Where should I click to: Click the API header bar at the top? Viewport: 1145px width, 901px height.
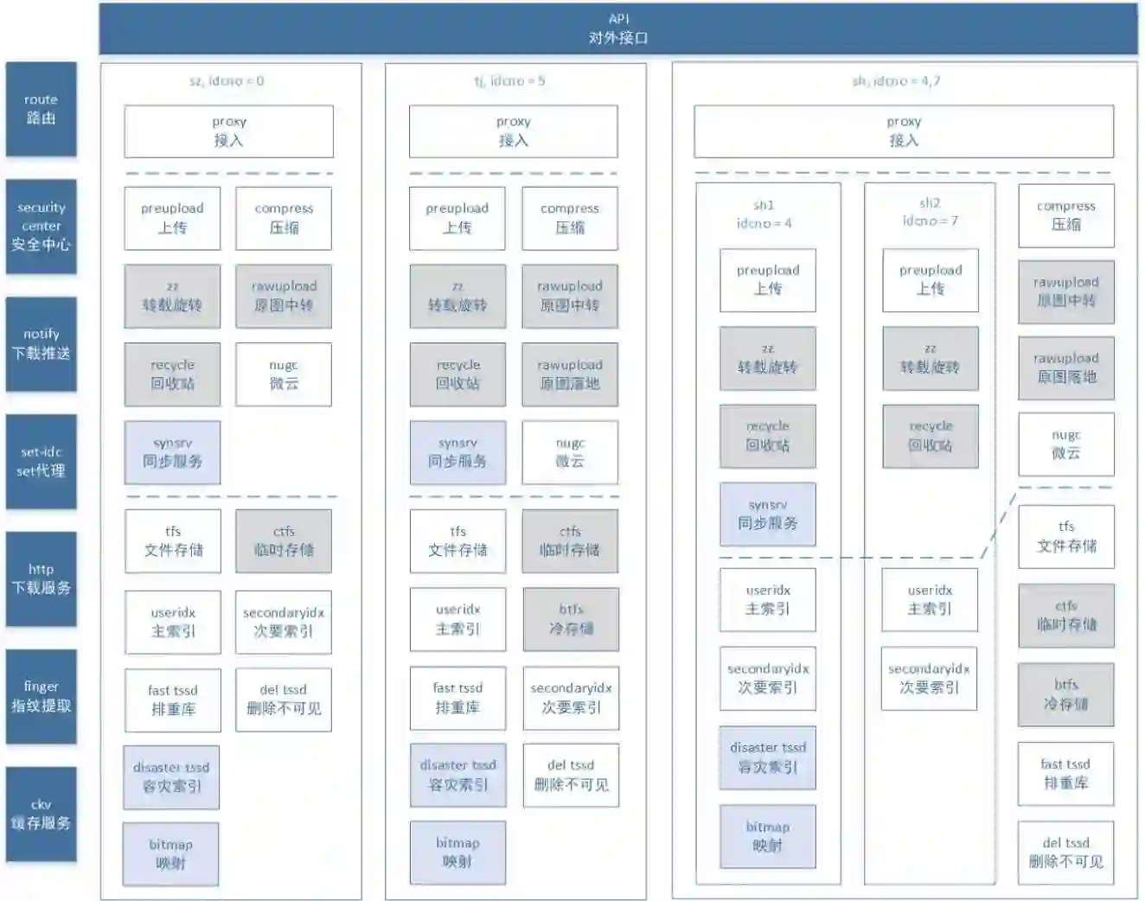click(x=618, y=29)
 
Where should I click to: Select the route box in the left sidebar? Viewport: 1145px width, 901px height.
click(x=41, y=109)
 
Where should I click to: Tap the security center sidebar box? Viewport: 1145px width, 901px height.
click(x=41, y=227)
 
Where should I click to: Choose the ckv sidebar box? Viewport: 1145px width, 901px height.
click(x=41, y=814)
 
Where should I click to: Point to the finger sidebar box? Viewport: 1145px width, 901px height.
click(x=41, y=696)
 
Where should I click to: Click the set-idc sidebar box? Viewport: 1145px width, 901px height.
click(x=41, y=461)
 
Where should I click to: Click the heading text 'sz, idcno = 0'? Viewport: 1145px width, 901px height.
click(x=227, y=81)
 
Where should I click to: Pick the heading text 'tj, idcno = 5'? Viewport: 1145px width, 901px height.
click(x=509, y=81)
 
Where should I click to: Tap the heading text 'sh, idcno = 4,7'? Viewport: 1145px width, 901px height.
click(x=896, y=81)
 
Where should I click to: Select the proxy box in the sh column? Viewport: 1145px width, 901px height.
click(x=904, y=131)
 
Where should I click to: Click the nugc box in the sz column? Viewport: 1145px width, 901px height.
click(x=284, y=374)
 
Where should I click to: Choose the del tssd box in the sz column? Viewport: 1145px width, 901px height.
click(x=284, y=700)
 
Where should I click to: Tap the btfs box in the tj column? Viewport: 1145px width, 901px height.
click(x=571, y=619)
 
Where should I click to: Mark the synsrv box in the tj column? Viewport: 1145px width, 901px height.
click(x=457, y=452)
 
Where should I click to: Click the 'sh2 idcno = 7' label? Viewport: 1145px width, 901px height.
click(x=930, y=212)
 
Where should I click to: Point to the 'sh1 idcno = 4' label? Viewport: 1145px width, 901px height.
click(x=764, y=214)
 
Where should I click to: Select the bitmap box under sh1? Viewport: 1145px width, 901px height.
click(x=767, y=836)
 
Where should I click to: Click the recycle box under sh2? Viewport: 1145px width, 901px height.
click(x=931, y=436)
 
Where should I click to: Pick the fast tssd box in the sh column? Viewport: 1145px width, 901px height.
click(x=1065, y=774)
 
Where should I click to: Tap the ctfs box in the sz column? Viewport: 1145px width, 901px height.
click(x=284, y=540)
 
